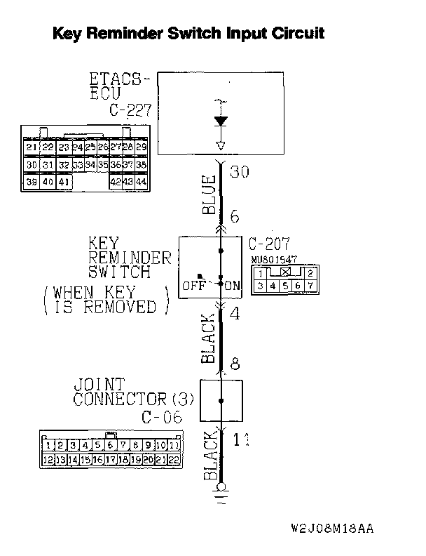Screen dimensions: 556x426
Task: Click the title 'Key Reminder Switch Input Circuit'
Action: coord(188,33)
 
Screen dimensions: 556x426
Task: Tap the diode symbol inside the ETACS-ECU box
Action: coord(221,121)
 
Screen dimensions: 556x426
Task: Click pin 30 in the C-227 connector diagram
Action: coord(31,164)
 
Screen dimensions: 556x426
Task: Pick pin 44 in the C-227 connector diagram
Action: coord(141,182)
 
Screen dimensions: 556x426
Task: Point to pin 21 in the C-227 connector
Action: coord(31,147)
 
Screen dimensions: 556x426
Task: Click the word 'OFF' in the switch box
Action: coord(193,286)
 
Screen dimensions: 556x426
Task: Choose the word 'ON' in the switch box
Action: coord(232,286)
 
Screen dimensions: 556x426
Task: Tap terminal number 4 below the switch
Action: coord(234,314)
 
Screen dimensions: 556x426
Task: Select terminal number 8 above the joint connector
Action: coord(235,364)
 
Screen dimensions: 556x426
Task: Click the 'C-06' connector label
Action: coord(160,417)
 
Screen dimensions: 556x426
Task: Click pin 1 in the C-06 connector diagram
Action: coord(48,445)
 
